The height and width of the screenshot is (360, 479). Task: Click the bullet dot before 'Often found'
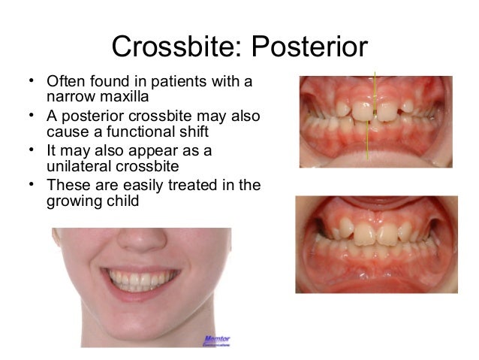29,80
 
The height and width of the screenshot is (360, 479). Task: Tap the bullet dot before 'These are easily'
29,184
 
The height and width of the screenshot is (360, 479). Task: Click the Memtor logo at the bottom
215,340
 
